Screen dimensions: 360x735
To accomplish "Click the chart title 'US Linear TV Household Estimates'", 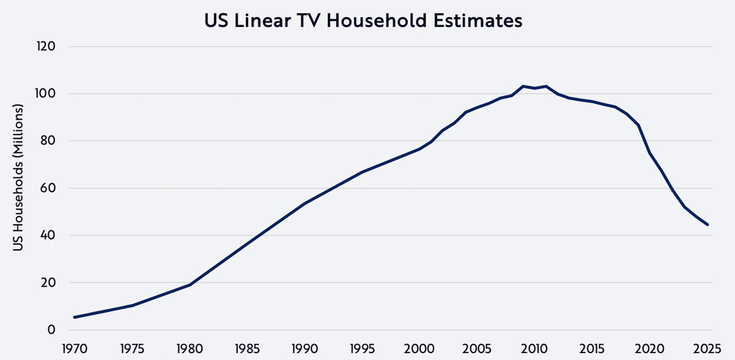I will coord(363,21).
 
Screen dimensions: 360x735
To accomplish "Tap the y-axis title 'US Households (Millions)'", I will coord(18,177).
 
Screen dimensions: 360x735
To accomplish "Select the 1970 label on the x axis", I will coord(75,349).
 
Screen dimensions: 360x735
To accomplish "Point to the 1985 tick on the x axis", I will coord(247,349).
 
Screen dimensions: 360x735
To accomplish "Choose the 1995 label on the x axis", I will coord(362,349).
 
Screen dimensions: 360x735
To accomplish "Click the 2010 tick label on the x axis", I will coord(535,349).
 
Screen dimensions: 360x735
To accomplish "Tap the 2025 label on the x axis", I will coord(707,349).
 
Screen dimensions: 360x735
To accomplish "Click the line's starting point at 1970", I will coord(75,317).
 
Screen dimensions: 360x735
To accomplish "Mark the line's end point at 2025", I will coord(707,224).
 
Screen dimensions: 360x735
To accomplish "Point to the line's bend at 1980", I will coord(189,285).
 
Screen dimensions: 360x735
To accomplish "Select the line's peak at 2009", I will coord(523,86).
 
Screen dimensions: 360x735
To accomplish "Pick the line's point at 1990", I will coord(305,203).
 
